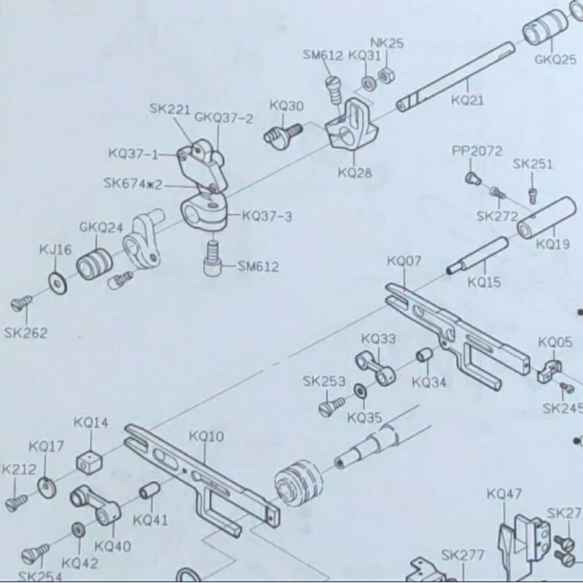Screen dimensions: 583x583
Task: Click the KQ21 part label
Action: click(467, 101)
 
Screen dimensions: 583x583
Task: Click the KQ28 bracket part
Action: click(351, 128)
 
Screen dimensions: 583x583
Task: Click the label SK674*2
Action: click(133, 184)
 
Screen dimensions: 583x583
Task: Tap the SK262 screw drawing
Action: click(23, 301)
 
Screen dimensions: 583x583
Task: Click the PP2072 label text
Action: click(477, 151)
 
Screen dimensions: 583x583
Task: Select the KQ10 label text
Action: click(206, 437)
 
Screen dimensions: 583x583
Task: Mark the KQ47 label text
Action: click(504, 494)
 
